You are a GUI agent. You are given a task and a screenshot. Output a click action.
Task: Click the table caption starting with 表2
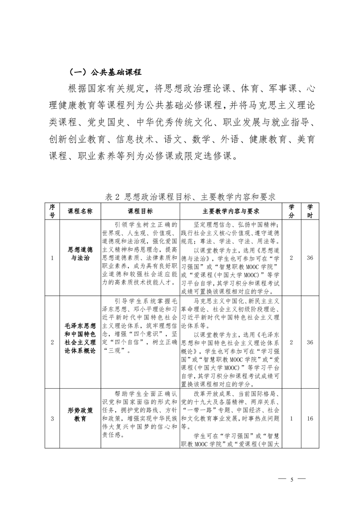190,197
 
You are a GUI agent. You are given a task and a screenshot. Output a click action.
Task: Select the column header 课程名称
80,211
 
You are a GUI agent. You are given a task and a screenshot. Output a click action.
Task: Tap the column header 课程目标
140,211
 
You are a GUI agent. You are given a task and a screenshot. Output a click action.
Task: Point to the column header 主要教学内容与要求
231,211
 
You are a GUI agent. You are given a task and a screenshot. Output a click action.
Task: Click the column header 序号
52,211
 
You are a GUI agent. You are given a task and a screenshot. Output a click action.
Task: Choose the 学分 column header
291,211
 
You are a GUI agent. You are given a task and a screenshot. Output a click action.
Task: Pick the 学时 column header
310,211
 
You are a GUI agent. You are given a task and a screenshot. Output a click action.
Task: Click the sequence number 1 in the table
52,258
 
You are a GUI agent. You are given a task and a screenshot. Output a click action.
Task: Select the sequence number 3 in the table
52,418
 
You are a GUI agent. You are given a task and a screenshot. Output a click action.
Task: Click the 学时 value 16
310,418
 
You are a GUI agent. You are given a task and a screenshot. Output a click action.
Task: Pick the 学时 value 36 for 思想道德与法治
310,258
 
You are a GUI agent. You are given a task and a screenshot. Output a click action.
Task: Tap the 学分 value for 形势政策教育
291,418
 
